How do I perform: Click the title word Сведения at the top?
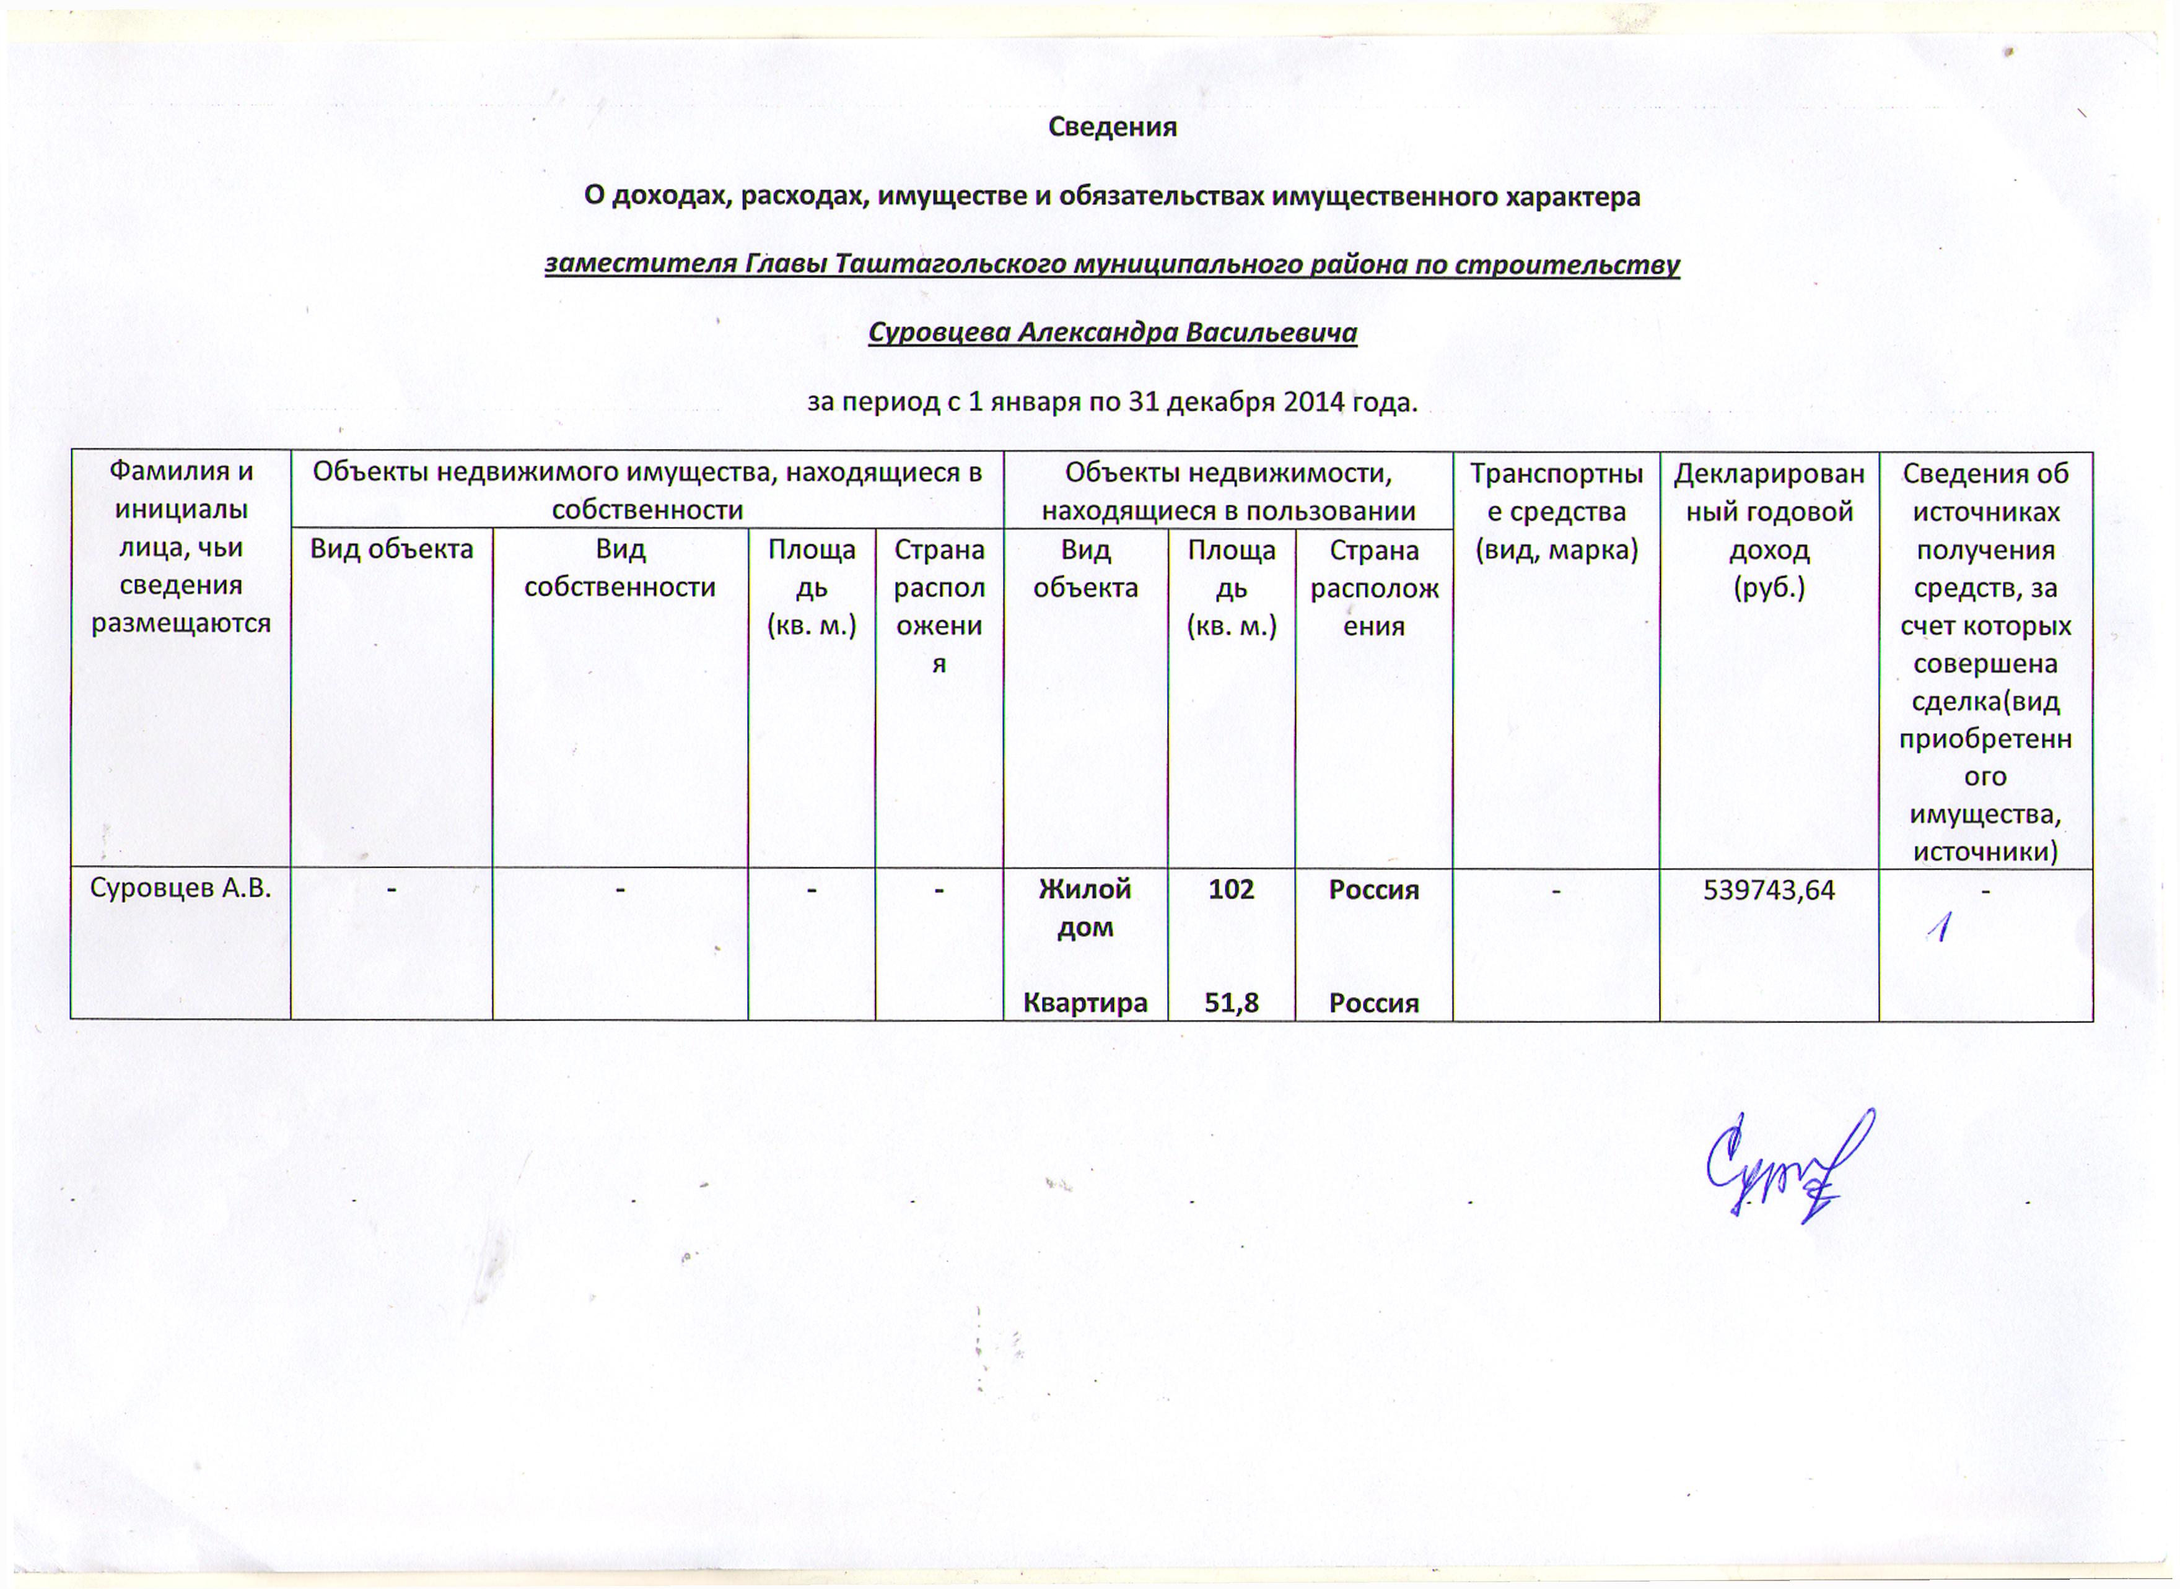pos(1111,127)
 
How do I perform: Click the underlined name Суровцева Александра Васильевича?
pos(1111,333)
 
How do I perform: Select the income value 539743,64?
pos(1768,890)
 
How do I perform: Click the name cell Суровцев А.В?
pos(180,888)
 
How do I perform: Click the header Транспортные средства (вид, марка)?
pos(1556,512)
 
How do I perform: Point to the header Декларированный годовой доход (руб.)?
pos(1768,530)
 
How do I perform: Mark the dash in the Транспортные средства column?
pos(1556,890)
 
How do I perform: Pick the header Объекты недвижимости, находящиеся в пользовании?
pos(1228,492)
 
